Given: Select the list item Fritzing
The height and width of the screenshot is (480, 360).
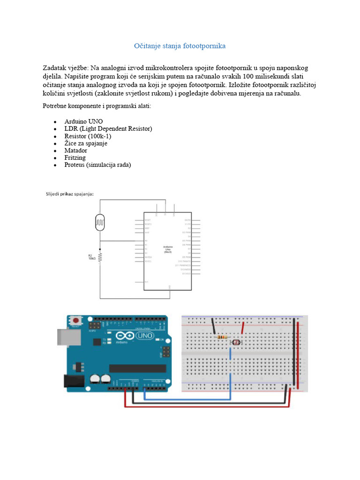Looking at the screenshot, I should pyautogui.click(x=75, y=157).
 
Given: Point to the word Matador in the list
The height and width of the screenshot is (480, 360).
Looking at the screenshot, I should pyautogui.click(x=76, y=150).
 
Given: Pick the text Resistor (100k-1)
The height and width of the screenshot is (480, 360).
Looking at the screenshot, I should pyautogui.click(x=88, y=136).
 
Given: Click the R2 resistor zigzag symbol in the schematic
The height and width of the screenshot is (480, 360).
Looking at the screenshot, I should pyautogui.click(x=99, y=256).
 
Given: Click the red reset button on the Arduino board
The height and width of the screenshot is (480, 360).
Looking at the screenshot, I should pyautogui.click(x=75, y=321).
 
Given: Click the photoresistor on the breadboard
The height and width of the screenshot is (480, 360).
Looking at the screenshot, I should pyautogui.click(x=236, y=343).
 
